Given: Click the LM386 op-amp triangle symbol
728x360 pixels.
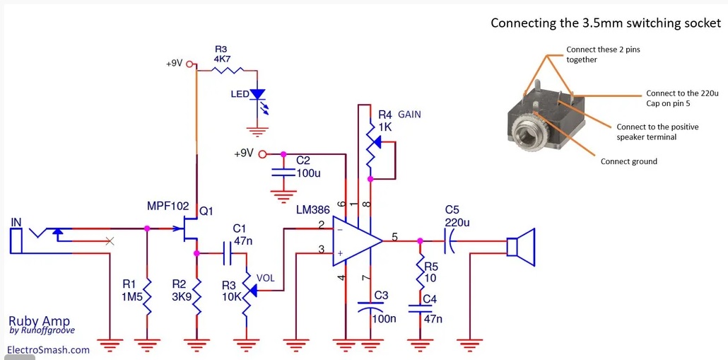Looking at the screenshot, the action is pos(356,241).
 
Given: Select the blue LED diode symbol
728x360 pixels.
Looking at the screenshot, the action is pos(258,94).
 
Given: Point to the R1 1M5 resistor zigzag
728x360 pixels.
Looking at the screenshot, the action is pos(147,296).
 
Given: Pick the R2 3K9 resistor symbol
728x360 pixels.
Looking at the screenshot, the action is pos(196,296).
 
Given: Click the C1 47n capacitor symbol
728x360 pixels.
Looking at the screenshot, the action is pos(227,253).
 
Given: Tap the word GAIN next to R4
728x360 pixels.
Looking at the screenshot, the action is pos(409,115).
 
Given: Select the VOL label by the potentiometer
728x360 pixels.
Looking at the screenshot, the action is pos(266,278).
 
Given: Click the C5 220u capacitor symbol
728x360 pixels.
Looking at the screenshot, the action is pos(449,241).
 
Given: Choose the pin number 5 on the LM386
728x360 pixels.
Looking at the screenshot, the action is pos(394,237).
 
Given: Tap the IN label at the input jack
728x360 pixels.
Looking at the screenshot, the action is pos(16,223).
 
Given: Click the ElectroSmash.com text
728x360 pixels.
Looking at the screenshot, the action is pos(48,349).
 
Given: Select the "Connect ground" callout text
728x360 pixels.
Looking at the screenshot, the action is pos(629,162).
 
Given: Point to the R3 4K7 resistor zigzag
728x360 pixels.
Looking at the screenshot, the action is pos(228,71).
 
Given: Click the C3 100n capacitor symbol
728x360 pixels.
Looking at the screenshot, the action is pos(370,306).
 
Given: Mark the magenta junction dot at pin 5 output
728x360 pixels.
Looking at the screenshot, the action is pos(420,241).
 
